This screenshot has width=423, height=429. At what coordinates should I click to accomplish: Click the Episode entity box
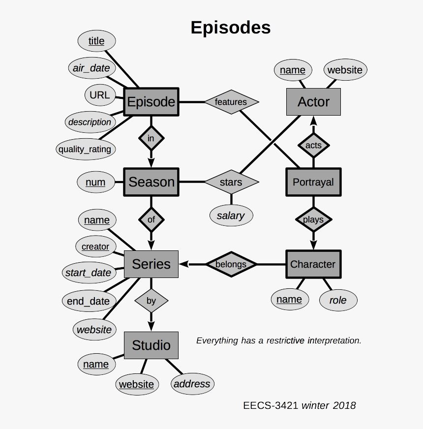(151, 102)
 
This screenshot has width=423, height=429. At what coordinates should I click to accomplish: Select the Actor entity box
(313, 102)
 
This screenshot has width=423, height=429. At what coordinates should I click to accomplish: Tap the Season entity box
(151, 182)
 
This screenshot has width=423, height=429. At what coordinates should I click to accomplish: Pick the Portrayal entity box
(313, 182)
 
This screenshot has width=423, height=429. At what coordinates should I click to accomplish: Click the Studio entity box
(151, 345)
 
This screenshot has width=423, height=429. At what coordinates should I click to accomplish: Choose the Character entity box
(313, 264)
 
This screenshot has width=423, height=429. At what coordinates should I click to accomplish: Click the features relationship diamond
(231, 102)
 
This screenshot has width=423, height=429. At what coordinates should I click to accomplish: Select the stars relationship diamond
(231, 182)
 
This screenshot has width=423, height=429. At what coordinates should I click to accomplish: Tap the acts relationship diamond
(313, 145)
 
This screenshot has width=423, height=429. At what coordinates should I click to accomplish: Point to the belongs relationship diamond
(231, 264)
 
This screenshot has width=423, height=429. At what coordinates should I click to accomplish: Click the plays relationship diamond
(313, 219)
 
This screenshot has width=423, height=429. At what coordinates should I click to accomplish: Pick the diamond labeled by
(151, 300)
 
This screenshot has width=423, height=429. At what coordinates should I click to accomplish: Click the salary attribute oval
(231, 215)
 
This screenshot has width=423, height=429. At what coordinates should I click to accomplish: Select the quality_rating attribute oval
(85, 149)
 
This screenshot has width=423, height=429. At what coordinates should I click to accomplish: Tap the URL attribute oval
(100, 94)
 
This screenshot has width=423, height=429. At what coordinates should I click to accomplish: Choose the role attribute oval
(338, 300)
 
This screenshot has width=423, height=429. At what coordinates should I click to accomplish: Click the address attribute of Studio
(192, 384)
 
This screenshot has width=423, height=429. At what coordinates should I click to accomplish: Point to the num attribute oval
(95, 183)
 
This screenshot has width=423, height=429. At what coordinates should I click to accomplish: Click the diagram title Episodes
(231, 28)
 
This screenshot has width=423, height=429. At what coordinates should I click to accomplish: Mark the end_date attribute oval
(89, 301)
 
